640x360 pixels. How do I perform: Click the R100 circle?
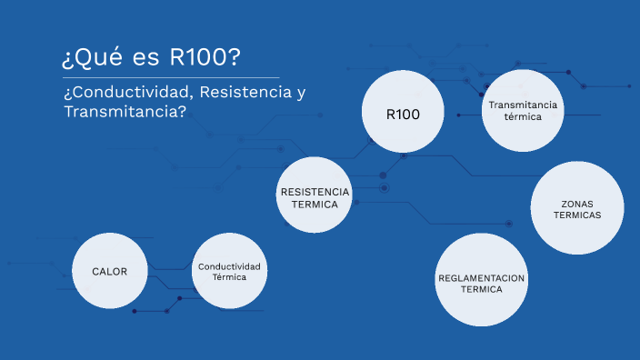pyautogui.click(x=402, y=114)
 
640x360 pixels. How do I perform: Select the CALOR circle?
pyautogui.click(x=109, y=271)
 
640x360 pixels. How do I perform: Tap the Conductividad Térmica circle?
pyautogui.click(x=229, y=271)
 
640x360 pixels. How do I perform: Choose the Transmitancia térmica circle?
pyautogui.click(x=523, y=111)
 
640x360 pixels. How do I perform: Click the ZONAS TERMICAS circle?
pyautogui.click(x=576, y=208)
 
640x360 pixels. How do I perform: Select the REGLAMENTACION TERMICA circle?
pyautogui.click(x=482, y=280)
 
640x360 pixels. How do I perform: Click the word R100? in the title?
pyautogui.click(x=205, y=57)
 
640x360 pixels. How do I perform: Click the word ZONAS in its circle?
pyautogui.click(x=577, y=202)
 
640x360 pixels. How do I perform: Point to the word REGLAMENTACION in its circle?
pyautogui.click(x=482, y=277)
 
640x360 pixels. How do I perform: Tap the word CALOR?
pyautogui.click(x=109, y=271)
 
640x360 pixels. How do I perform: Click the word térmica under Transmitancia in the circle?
pyautogui.click(x=523, y=117)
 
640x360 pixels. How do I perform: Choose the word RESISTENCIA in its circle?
pyautogui.click(x=315, y=192)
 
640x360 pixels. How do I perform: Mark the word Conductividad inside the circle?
pyautogui.click(x=229, y=265)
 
